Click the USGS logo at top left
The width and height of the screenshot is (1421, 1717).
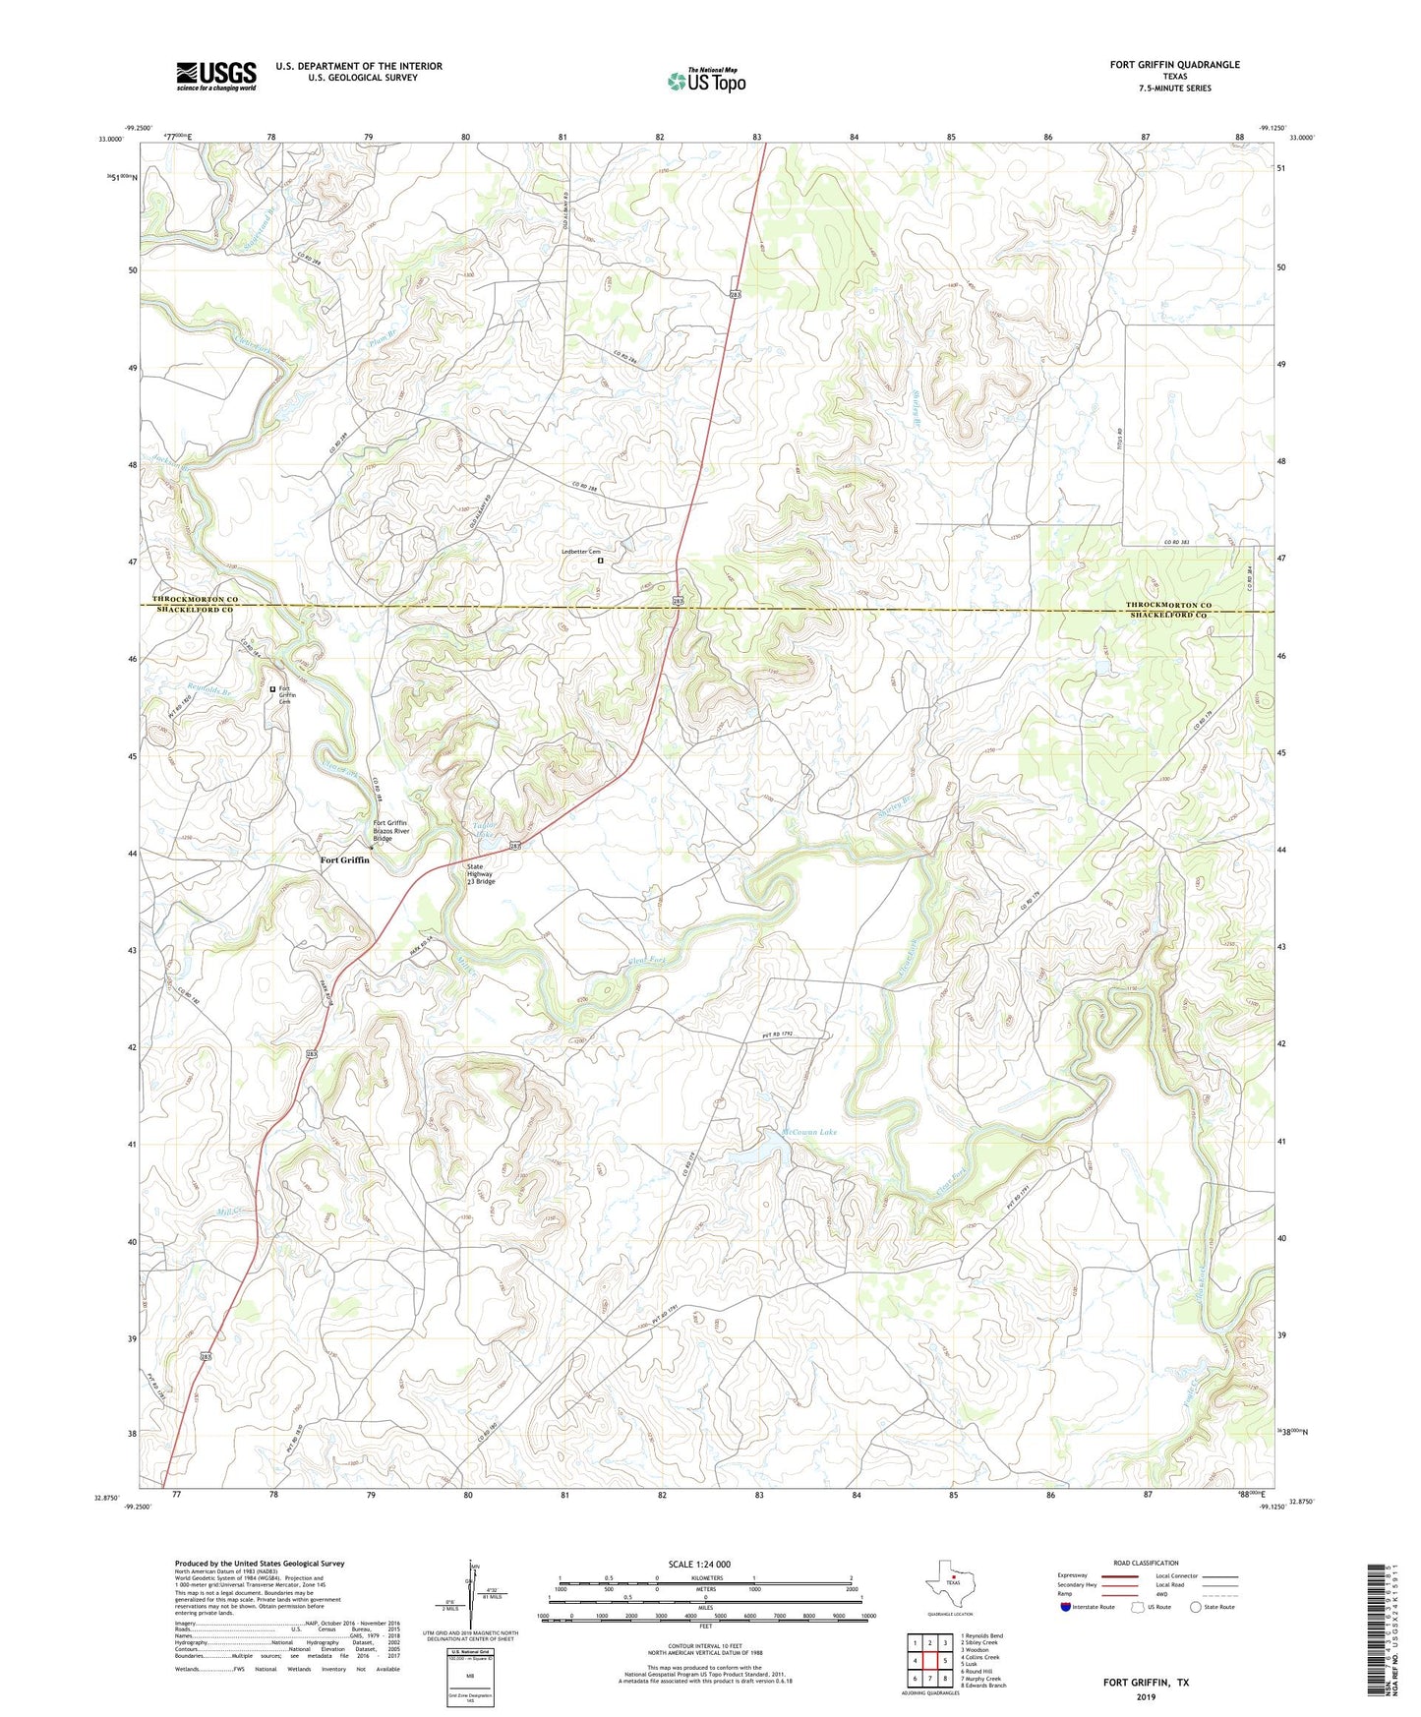point(216,75)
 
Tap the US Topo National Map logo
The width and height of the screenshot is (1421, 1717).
point(706,80)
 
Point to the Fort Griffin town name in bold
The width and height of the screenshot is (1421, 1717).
point(345,859)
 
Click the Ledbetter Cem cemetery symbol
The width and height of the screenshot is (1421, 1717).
point(601,562)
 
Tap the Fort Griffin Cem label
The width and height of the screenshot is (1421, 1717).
point(285,694)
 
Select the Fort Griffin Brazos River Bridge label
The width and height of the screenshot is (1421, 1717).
point(389,831)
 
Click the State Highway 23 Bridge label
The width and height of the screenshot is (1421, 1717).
point(481,873)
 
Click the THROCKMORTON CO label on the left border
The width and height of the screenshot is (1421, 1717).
point(196,599)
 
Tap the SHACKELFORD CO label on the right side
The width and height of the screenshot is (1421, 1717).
point(1168,615)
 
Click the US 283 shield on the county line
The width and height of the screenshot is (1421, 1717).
point(678,600)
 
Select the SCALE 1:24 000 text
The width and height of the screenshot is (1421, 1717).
point(699,1564)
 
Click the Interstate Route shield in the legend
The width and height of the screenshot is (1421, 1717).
point(1066,1607)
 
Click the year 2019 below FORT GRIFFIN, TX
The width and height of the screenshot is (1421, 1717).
point(1146,1697)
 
